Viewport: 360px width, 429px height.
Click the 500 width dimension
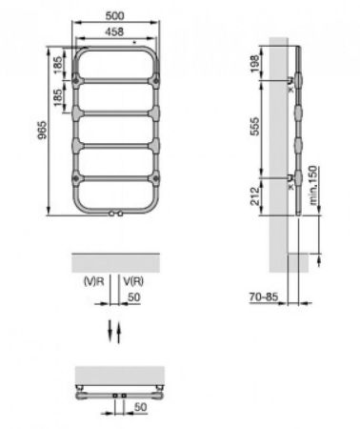pyautogui.click(x=112, y=17)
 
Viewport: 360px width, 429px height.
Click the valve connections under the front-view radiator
pyautogui.click(x=113, y=214)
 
